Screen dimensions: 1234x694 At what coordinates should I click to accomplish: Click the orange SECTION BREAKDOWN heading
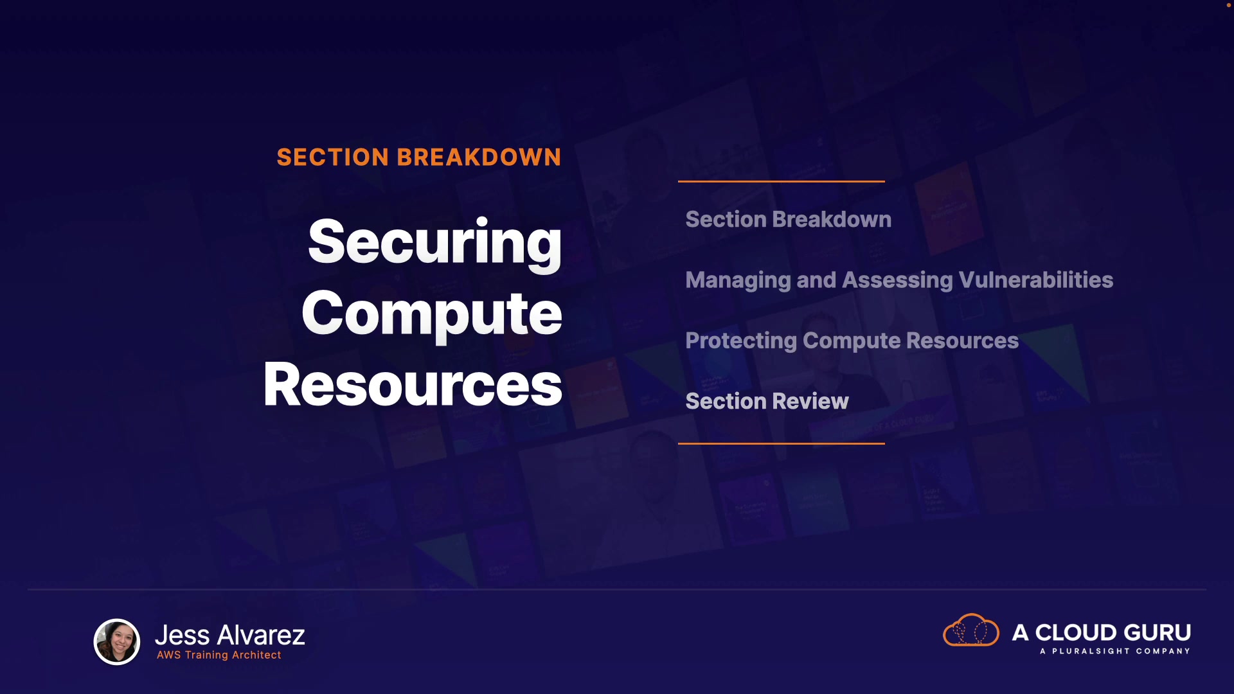click(x=419, y=157)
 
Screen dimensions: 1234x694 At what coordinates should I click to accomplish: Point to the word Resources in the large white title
click(x=413, y=385)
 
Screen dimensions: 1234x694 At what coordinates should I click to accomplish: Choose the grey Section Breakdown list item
click(x=789, y=220)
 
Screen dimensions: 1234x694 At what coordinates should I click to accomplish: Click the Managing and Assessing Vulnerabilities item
click(x=899, y=281)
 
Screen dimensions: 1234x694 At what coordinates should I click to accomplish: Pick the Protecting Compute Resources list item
click(x=852, y=341)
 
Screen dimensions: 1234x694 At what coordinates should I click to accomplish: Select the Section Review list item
click(x=767, y=402)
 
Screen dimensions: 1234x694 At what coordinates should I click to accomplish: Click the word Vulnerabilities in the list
click(x=1036, y=280)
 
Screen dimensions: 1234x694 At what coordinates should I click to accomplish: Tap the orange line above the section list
click(x=782, y=182)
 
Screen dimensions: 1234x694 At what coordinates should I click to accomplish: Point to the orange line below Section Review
click(x=782, y=443)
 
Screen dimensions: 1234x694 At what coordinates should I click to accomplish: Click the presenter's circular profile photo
click(x=117, y=641)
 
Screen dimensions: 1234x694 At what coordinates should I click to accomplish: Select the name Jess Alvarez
click(x=230, y=635)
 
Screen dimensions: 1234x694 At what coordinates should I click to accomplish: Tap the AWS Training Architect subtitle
click(x=219, y=655)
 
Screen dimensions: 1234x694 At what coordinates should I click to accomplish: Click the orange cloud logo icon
click(x=971, y=630)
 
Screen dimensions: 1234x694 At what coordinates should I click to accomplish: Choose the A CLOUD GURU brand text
click(x=1102, y=632)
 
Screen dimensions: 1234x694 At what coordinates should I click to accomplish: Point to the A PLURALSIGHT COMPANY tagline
click(x=1115, y=651)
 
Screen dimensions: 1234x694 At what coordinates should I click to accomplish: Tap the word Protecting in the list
click(x=742, y=341)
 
